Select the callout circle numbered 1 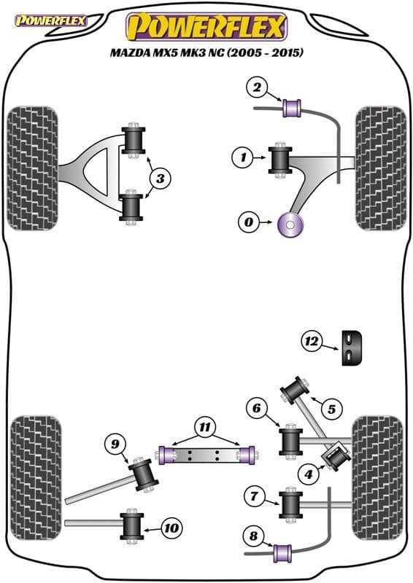coord(243,156)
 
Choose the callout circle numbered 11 coord(205,426)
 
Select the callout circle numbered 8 coord(253,537)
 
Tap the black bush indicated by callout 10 coord(133,525)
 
